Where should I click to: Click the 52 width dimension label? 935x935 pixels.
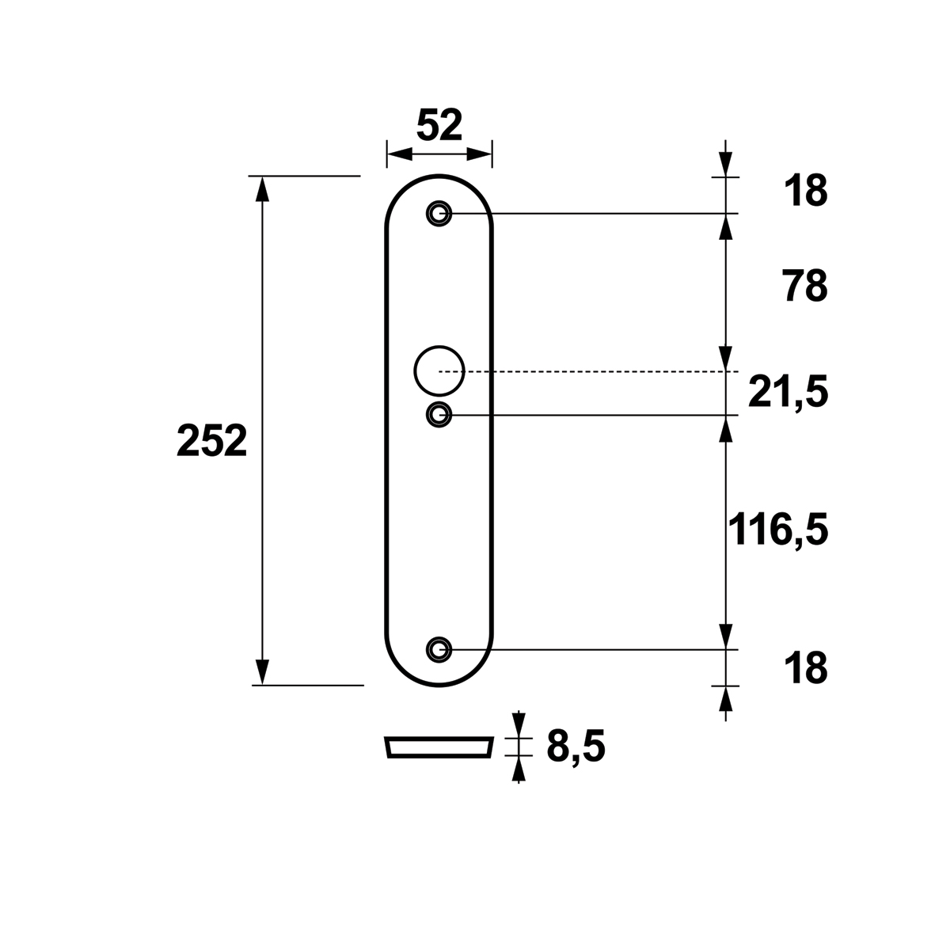pyautogui.click(x=439, y=125)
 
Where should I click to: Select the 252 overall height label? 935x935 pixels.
pyautogui.click(x=211, y=442)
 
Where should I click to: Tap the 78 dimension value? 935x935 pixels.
pyautogui.click(x=806, y=287)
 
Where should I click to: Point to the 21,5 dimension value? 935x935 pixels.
pyautogui.click(x=788, y=393)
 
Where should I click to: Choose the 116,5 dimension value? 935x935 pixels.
pyautogui.click(x=778, y=530)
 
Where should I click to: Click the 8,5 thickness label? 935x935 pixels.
pyautogui.click(x=576, y=747)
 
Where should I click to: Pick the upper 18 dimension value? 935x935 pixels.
pyautogui.click(x=806, y=191)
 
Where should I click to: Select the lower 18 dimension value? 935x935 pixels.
pyautogui.click(x=806, y=668)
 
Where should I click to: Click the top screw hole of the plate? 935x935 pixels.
pyautogui.click(x=439, y=213)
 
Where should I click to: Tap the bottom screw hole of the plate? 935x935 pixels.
pyautogui.click(x=439, y=648)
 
